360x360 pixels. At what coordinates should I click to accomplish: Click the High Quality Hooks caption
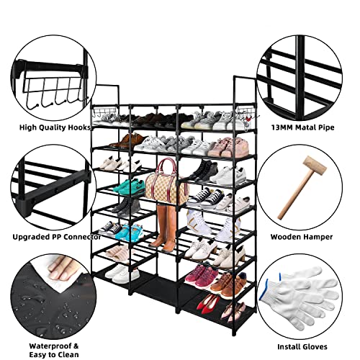pyautogui.click(x=49, y=127)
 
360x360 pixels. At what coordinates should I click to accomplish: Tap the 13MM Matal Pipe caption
pyautogui.click(x=302, y=127)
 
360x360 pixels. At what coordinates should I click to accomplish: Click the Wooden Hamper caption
pyautogui.click(x=302, y=236)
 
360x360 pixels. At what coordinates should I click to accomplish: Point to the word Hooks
pyautogui.click(x=77, y=127)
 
